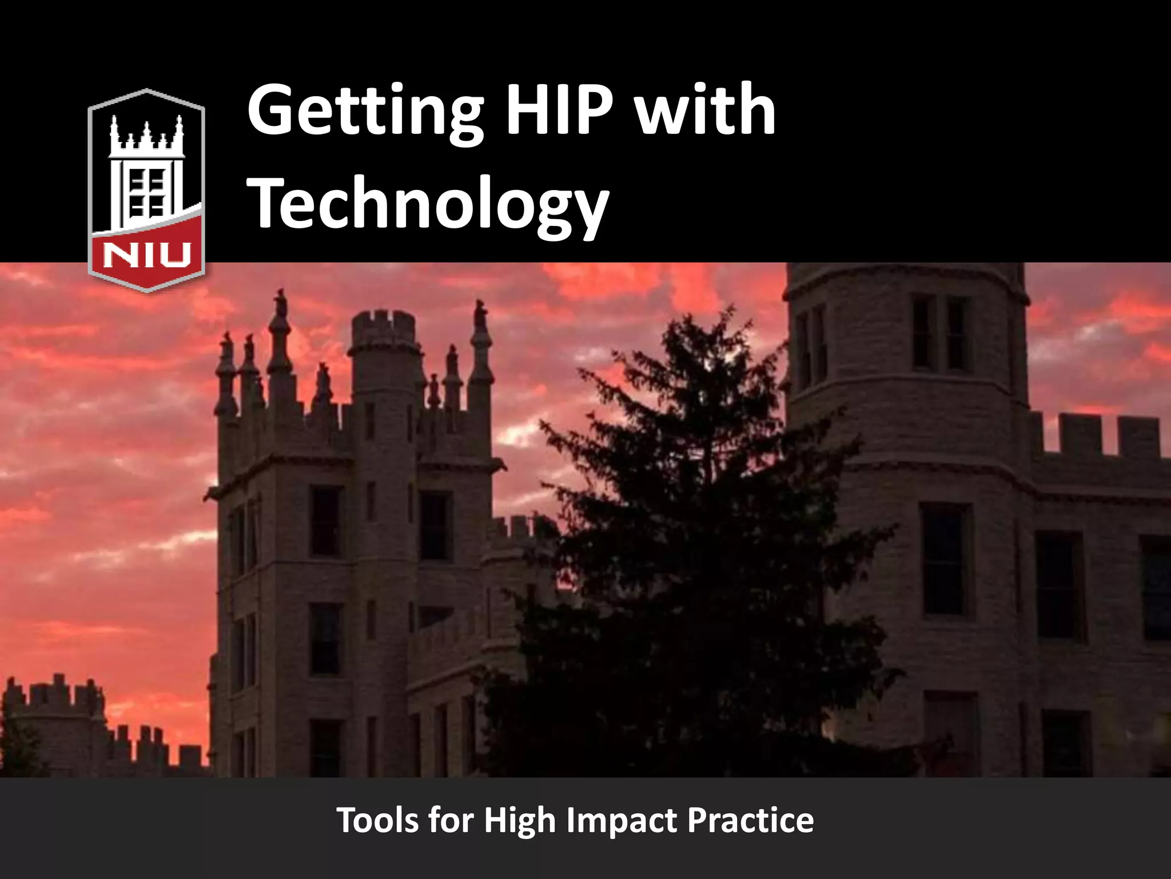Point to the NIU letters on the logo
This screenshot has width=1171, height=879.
[x=146, y=255]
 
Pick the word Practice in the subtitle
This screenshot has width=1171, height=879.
[x=750, y=820]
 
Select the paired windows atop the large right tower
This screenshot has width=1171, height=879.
[x=941, y=332]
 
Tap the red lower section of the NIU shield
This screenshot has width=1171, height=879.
[x=146, y=252]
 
